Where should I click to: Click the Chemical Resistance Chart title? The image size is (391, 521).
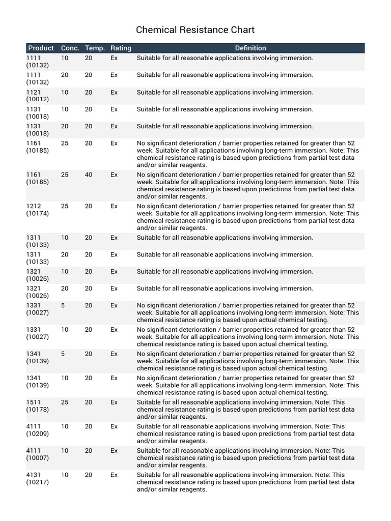(195, 30)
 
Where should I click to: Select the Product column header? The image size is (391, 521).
(41, 48)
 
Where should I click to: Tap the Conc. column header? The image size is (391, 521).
(70, 48)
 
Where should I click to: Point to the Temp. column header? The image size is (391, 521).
(95, 48)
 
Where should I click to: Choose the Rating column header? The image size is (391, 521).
(121, 48)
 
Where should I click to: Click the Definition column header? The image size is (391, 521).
(250, 48)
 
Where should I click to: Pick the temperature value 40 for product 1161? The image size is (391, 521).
(89, 175)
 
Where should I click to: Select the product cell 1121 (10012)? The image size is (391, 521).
(38, 96)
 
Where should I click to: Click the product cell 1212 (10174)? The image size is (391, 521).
(38, 210)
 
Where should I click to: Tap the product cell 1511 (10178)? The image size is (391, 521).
(38, 406)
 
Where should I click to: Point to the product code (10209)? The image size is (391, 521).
(38, 433)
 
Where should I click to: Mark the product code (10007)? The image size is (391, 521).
(38, 458)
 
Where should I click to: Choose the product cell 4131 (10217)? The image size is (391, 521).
(38, 478)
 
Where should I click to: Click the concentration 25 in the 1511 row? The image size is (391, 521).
(65, 402)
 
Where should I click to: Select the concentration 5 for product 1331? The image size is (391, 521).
(63, 305)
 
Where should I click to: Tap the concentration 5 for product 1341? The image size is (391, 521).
(63, 354)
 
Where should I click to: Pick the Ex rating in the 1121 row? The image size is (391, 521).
(114, 92)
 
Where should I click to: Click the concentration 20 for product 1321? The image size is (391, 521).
(65, 288)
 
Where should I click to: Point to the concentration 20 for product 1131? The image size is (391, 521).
(65, 126)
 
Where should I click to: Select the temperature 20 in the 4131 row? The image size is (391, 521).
(89, 475)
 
